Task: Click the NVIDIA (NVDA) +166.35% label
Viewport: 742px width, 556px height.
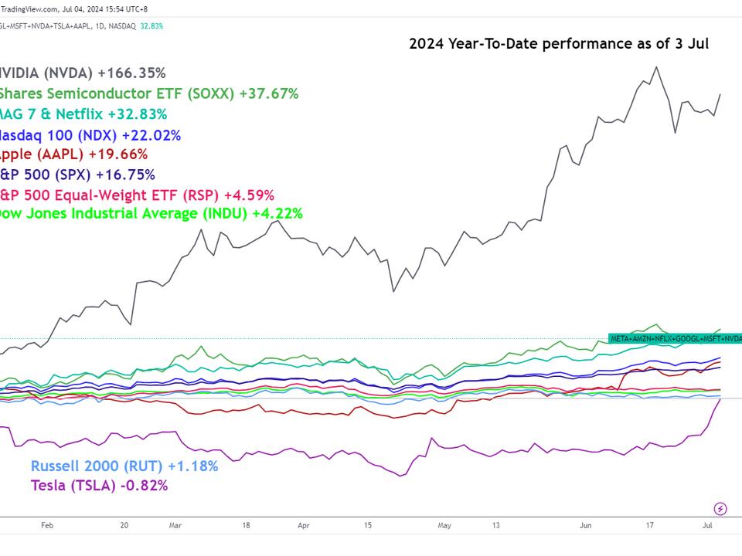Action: click(x=83, y=73)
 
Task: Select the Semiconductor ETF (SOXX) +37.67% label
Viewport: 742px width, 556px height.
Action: click(x=148, y=93)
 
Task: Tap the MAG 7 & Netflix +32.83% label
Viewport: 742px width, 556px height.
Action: click(x=83, y=114)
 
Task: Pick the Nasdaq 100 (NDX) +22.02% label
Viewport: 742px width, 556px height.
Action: click(x=90, y=135)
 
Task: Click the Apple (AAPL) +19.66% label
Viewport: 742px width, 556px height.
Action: click(x=73, y=154)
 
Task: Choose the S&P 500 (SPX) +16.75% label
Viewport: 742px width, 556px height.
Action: click(x=77, y=175)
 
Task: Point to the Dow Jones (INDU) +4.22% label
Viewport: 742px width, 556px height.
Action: click(x=151, y=213)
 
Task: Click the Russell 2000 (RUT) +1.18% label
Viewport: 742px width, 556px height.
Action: click(x=124, y=466)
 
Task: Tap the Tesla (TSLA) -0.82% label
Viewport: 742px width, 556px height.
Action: click(x=99, y=486)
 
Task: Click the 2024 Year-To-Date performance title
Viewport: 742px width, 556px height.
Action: click(x=558, y=43)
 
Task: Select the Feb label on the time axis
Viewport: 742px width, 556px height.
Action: click(x=46, y=525)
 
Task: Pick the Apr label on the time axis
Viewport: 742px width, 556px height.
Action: click(x=304, y=525)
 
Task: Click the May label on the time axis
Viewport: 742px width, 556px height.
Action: click(x=444, y=525)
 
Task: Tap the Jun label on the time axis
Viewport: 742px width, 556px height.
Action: click(x=585, y=525)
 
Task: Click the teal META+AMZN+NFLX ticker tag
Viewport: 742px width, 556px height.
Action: click(x=675, y=338)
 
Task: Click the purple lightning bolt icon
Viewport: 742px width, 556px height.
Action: click(x=720, y=508)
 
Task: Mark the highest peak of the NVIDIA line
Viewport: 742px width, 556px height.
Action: click(x=656, y=67)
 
